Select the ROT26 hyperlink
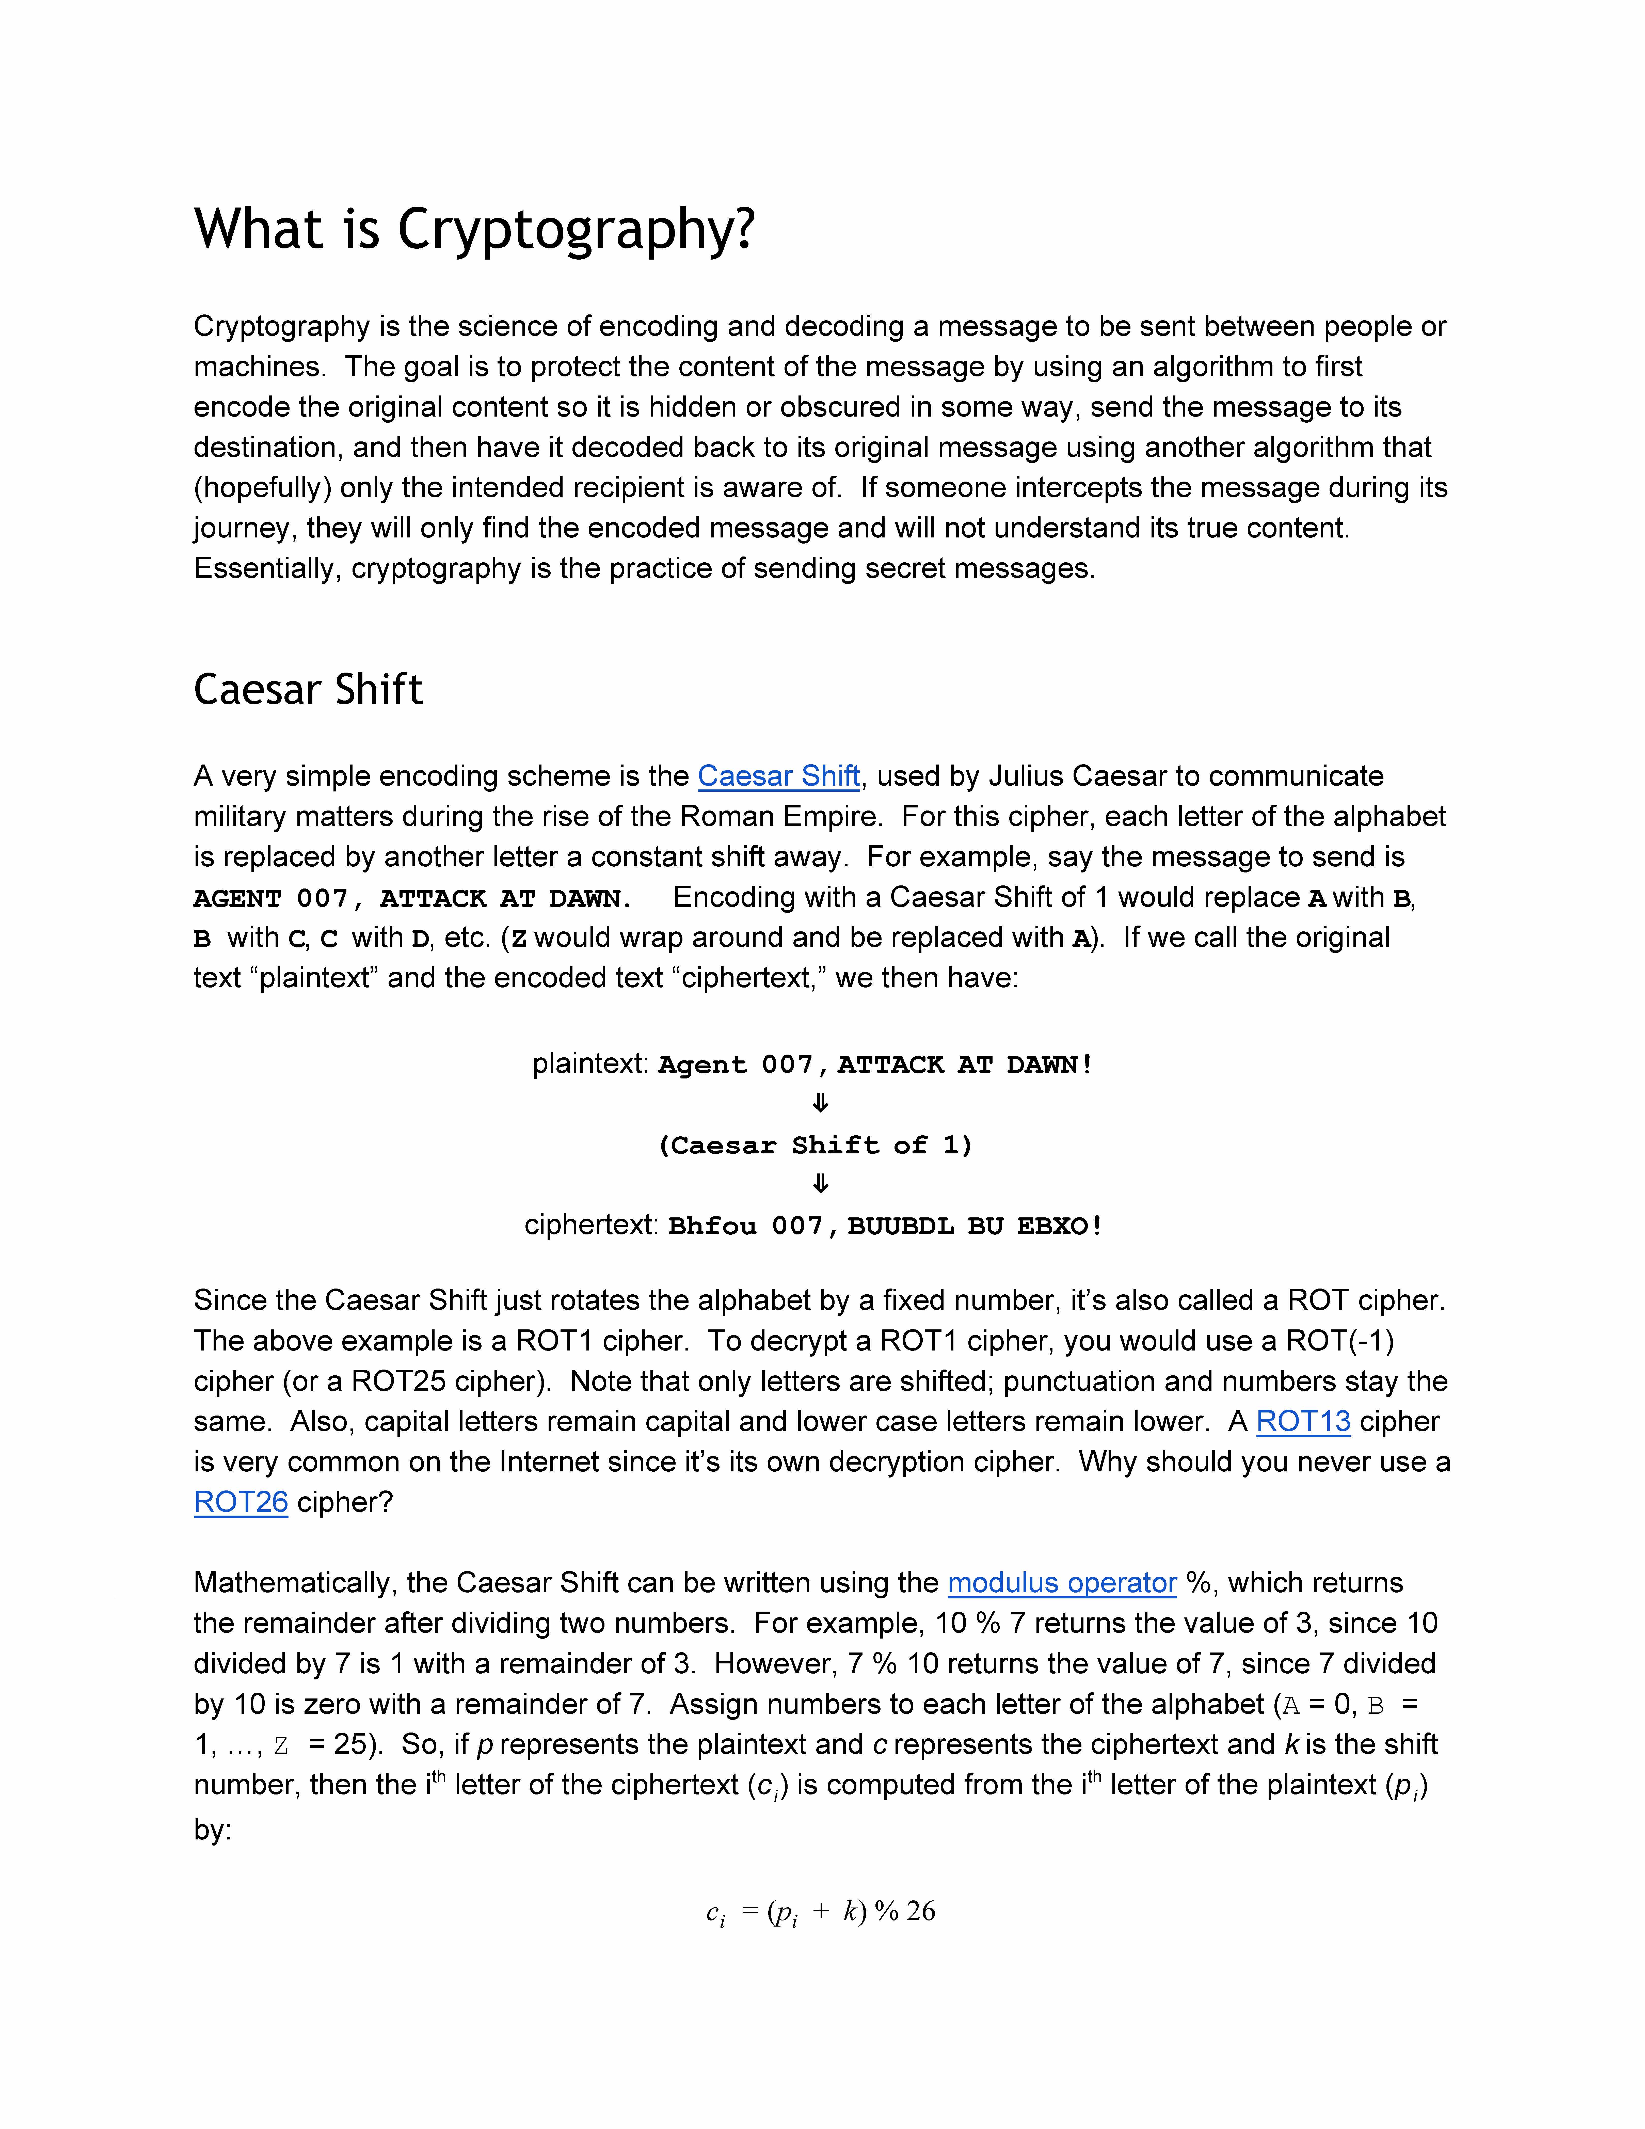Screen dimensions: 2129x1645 [x=241, y=1502]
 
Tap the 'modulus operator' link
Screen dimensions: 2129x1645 [x=1062, y=1583]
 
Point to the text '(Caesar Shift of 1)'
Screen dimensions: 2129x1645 [x=816, y=1146]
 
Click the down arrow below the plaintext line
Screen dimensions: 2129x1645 [x=821, y=1104]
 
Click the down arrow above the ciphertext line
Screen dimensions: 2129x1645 [x=821, y=1184]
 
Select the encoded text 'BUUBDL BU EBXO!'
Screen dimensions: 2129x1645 [x=975, y=1226]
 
